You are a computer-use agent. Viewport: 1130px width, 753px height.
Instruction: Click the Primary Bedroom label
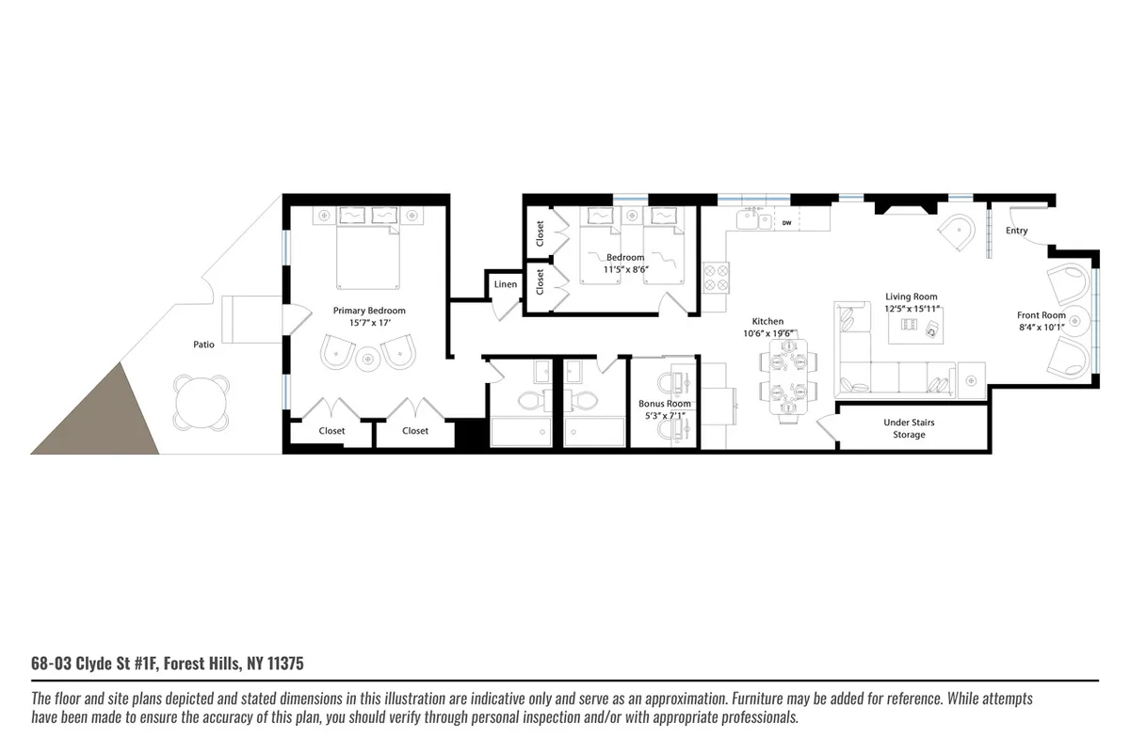369,310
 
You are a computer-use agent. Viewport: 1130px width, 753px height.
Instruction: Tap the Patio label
203,344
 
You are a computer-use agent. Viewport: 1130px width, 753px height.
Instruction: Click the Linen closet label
505,284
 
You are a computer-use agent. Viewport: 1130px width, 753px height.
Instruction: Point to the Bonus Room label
665,404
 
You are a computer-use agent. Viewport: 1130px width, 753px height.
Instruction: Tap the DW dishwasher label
786,223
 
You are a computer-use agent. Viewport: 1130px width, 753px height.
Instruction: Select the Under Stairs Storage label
909,428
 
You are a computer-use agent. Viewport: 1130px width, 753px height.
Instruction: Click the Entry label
1016,231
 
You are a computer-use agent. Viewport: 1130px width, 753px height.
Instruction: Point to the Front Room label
1041,315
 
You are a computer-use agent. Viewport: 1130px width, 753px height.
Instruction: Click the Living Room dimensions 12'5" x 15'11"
911,309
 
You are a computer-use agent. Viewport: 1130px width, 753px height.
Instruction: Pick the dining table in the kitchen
785,376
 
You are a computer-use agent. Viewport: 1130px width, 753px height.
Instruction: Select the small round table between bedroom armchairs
367,356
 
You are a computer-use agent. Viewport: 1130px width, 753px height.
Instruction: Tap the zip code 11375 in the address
285,665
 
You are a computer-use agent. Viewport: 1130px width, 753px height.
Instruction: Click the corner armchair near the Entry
959,233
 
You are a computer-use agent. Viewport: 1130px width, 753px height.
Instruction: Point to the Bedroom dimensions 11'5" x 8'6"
625,269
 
